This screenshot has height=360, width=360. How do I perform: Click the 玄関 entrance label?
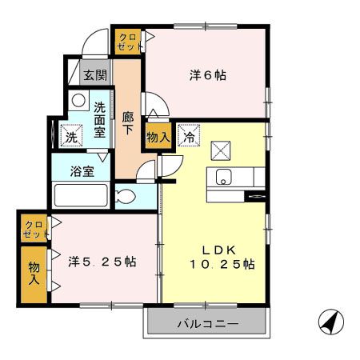click(95, 76)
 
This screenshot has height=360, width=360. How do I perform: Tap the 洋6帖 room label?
click(207, 76)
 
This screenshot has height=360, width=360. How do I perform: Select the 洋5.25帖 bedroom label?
click(102, 262)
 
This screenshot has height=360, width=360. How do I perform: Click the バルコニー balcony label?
click(207, 325)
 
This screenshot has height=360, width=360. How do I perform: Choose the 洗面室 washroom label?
click(99, 120)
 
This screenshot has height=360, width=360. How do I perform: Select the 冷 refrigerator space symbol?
click(190, 137)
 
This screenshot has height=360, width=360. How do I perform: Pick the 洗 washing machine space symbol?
click(72, 137)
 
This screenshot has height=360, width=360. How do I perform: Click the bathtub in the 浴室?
click(79, 196)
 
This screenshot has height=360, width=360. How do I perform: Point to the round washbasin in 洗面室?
click(79, 100)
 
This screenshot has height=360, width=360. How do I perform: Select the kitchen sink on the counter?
click(222, 178)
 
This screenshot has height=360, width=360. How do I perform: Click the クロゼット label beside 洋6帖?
click(128, 41)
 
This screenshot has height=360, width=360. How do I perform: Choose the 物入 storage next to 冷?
click(157, 137)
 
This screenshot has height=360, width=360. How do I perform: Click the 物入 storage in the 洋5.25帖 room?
click(34, 274)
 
